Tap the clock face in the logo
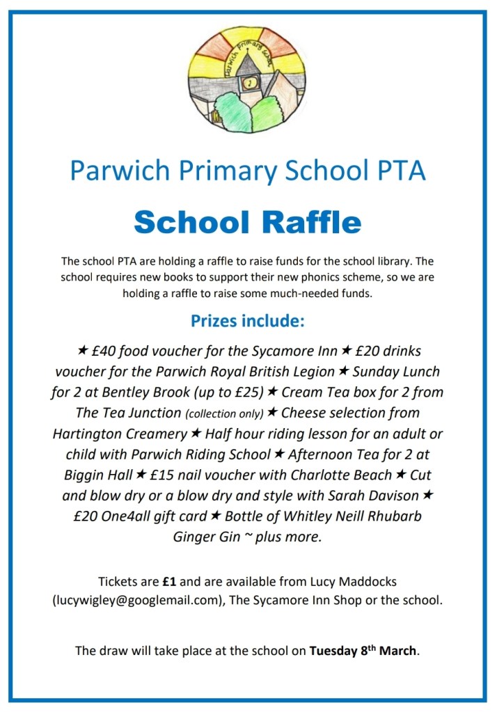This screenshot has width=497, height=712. coord(248,83)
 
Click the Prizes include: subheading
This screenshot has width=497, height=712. coord(248,323)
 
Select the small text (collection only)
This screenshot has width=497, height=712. coord(223,413)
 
